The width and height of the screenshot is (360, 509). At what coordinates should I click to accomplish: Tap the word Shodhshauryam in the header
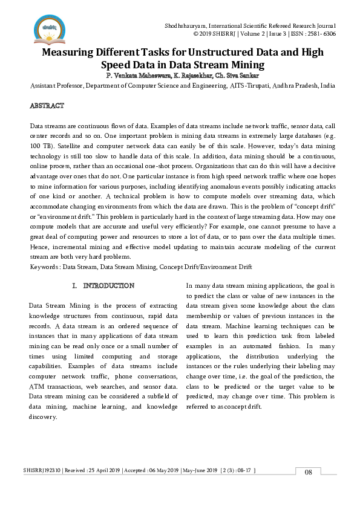coord(186,26)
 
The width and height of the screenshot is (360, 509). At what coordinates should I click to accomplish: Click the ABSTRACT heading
coord(47,106)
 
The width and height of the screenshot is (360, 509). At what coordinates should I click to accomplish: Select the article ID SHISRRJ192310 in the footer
coord(45,470)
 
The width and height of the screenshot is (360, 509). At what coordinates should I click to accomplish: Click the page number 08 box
coord(308,472)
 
